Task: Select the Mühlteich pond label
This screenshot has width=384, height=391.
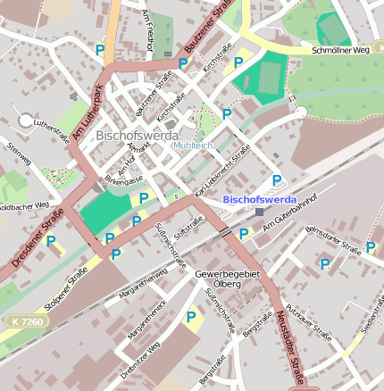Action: (x=193, y=145)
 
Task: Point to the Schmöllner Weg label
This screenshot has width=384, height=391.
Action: (x=340, y=52)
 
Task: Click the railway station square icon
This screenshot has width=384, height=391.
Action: (x=260, y=212)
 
